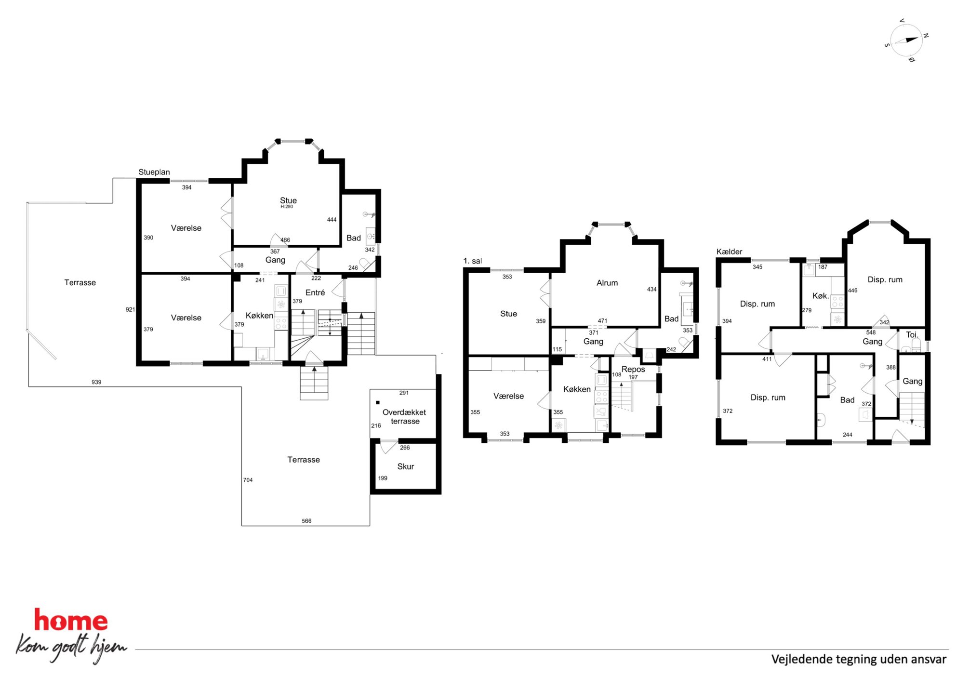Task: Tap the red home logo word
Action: click(71, 621)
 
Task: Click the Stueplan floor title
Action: click(154, 172)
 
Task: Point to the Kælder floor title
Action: click(729, 252)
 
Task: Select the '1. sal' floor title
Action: click(472, 261)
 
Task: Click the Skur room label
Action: click(406, 466)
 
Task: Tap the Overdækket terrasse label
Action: click(404, 417)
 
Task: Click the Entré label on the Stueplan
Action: click(315, 292)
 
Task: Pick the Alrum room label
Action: click(607, 283)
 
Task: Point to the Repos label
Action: click(633, 369)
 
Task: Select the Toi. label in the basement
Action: click(912, 334)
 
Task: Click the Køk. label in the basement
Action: click(821, 296)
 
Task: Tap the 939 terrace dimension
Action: click(96, 382)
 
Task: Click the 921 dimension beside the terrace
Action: click(130, 309)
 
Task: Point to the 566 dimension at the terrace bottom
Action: click(306, 521)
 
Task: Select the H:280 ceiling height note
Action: click(287, 207)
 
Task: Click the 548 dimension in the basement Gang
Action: click(871, 332)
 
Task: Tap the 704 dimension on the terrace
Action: click(248, 480)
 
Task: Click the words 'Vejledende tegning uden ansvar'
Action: click(859, 659)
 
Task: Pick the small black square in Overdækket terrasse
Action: click(378, 402)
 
